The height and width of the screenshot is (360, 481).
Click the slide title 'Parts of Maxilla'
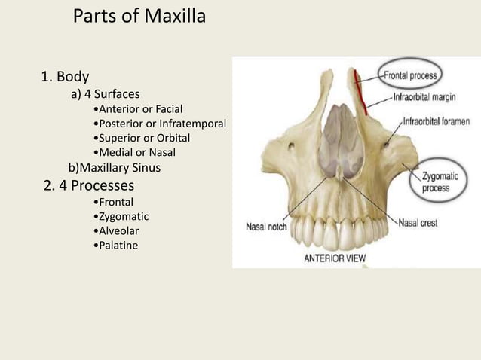[139, 17]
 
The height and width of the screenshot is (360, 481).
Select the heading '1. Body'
[65, 77]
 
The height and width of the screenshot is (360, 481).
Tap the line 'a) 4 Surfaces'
[105, 95]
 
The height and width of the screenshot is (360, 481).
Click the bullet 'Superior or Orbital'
[140, 139]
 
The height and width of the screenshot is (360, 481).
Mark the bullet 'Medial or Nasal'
[133, 153]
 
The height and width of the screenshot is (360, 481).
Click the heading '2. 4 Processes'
[89, 185]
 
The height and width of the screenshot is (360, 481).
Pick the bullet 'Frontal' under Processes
[112, 203]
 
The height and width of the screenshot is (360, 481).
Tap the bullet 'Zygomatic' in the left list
[119, 217]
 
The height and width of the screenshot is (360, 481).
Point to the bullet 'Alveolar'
[115, 231]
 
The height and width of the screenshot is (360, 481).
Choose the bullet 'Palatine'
[114, 246]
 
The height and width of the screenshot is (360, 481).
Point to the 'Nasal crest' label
[418, 223]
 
